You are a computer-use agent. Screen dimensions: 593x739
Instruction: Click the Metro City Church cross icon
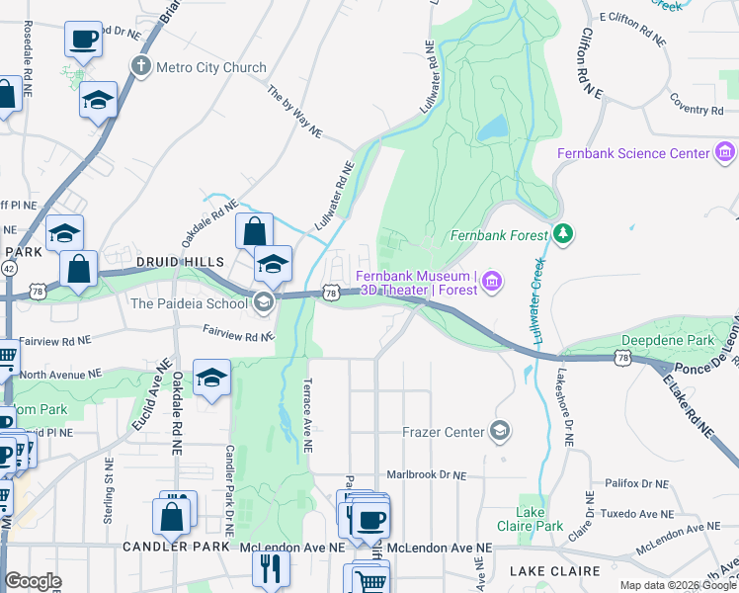coord(141,67)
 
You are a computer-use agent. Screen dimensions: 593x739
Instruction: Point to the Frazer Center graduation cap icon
coord(501,431)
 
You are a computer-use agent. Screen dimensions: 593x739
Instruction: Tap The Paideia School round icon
coord(263,302)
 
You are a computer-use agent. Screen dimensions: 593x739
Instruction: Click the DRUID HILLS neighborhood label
coord(181,261)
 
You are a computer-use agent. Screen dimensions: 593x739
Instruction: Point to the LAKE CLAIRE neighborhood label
coord(555,571)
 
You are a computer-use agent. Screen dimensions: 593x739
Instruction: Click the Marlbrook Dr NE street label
coord(426,475)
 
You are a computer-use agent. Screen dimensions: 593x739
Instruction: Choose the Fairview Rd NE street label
coord(238,333)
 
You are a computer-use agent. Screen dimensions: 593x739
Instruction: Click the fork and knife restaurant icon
coord(270,568)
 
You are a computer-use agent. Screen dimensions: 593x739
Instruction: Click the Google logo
coord(33,581)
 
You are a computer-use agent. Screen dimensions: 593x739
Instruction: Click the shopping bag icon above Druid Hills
coord(255,230)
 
